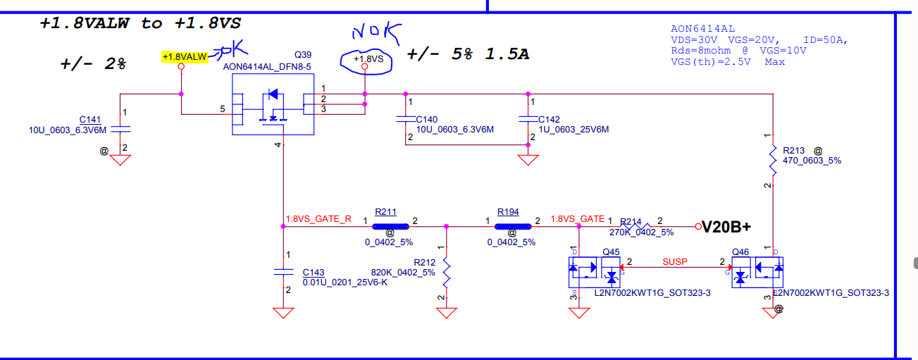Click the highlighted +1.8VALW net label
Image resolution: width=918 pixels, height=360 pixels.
184,56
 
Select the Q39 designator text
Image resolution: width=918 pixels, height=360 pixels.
303,55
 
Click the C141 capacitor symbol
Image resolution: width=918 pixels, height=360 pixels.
121,130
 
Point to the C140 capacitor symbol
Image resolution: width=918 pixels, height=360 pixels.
405,119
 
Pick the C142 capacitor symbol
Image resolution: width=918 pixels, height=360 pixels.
528,119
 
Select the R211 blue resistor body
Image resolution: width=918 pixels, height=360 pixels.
390,227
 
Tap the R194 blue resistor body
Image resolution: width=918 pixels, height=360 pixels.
512,227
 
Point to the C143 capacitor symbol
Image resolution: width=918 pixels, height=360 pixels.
283,271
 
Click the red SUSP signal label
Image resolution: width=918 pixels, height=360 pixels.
674,261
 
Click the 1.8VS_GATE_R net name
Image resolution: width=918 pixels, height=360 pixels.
318,219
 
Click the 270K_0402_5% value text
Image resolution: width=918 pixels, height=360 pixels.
641,232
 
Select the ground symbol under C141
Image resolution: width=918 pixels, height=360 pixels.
121,160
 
